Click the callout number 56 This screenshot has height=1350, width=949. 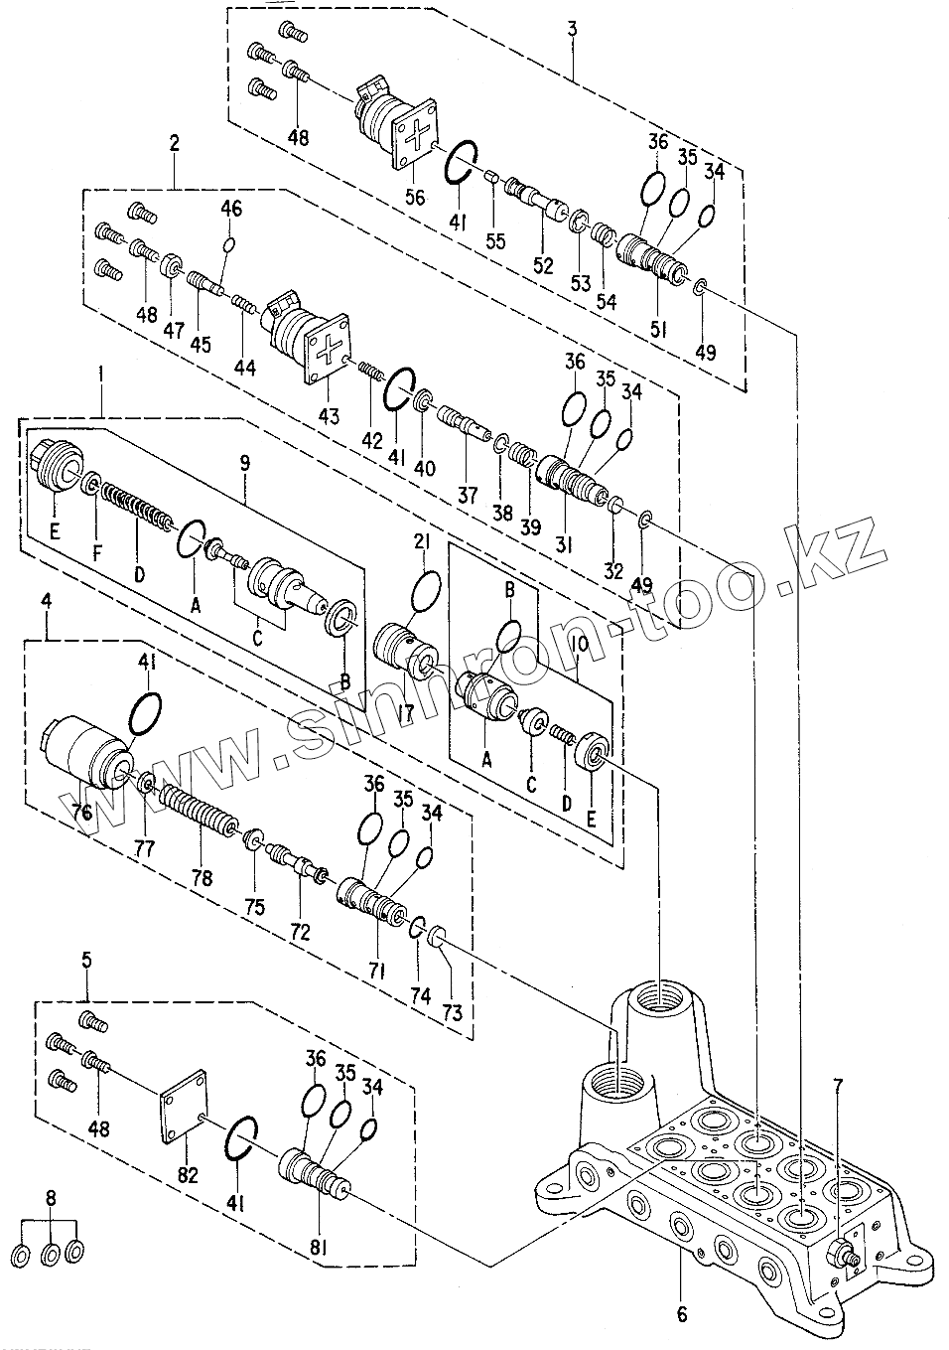415,197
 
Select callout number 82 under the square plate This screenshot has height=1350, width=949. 188,1175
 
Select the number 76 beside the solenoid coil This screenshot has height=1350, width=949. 82,812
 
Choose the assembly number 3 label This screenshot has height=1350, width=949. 572,28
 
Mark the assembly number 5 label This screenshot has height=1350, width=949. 86,960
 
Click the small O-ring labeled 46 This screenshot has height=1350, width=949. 229,244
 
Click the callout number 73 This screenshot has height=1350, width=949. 453,1014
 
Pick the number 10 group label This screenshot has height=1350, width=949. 580,645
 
